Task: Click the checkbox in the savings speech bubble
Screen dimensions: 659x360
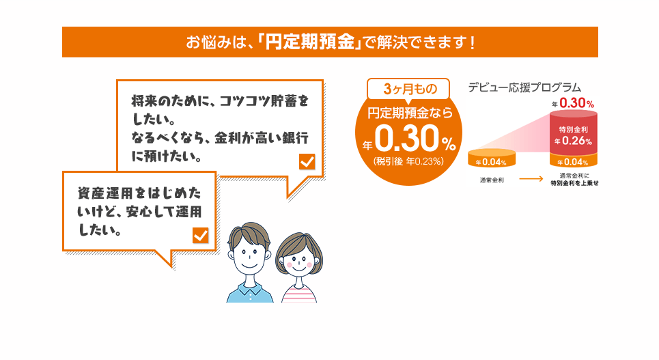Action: (x=307, y=161)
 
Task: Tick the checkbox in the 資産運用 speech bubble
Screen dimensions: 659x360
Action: (x=201, y=236)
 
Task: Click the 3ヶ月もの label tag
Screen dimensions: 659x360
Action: (x=408, y=89)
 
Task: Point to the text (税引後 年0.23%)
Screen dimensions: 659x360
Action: (x=408, y=161)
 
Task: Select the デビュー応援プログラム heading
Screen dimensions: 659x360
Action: (x=524, y=87)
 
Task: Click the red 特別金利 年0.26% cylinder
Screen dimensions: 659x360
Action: (x=574, y=133)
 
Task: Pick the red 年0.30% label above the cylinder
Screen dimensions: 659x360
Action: (x=573, y=103)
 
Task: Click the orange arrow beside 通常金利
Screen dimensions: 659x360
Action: (x=531, y=179)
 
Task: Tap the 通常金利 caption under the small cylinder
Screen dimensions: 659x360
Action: (x=492, y=180)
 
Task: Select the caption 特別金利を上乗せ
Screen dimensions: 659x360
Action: (x=574, y=183)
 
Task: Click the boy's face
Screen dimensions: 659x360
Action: (x=249, y=251)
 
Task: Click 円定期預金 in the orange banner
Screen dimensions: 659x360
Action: (x=310, y=42)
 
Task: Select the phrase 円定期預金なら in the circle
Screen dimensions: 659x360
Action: (x=410, y=113)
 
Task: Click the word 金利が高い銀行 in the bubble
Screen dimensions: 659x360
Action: (x=262, y=138)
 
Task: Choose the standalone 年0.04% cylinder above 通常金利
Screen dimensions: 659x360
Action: (x=492, y=158)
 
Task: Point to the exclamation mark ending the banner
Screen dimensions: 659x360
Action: (x=473, y=42)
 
